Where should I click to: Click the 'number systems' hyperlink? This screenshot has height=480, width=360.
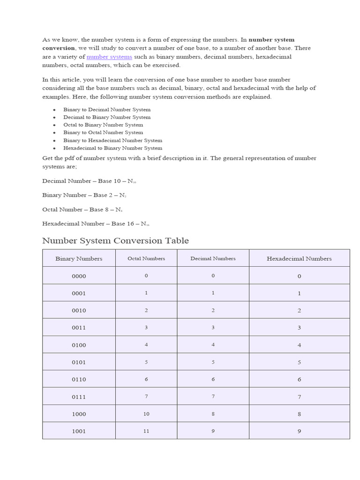click(x=109, y=57)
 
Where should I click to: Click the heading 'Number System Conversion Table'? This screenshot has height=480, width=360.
click(x=115, y=241)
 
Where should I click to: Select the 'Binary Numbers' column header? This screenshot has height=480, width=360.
click(x=79, y=258)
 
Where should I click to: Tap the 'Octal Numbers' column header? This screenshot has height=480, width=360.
click(x=146, y=258)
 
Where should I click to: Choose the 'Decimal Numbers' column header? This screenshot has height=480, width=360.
click(x=213, y=258)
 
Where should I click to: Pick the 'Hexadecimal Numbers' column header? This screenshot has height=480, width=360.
click(x=299, y=258)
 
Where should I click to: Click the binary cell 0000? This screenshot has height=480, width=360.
click(x=79, y=276)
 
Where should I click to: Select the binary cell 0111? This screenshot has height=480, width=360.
click(x=79, y=397)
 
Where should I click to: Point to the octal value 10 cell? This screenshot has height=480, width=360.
click(x=146, y=414)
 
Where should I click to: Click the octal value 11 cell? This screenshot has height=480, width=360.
click(x=146, y=431)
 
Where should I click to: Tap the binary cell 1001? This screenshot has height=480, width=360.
click(x=79, y=431)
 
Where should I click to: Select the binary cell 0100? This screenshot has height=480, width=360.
click(x=79, y=345)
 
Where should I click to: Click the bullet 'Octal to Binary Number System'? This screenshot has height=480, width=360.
click(x=103, y=125)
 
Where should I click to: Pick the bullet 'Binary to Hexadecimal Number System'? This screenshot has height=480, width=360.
click(x=112, y=140)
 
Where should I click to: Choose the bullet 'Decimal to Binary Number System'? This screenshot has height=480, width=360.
click(x=107, y=117)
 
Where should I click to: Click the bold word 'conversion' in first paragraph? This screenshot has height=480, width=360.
click(x=58, y=48)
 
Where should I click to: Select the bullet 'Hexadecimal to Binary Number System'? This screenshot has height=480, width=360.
click(x=112, y=148)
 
